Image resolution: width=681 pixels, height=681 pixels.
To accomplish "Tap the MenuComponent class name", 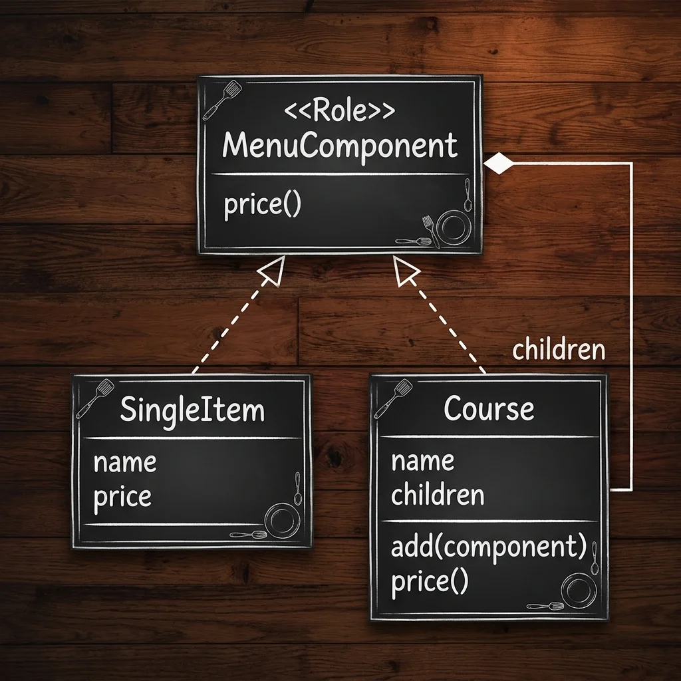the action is point(340,146).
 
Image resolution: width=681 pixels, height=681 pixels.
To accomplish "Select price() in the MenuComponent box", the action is point(262,205).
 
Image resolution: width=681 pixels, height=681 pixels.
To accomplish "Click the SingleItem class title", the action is point(192,410).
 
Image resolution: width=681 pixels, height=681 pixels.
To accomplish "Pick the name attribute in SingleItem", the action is point(124,463).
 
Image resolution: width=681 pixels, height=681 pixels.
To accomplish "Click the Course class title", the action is point(489,408).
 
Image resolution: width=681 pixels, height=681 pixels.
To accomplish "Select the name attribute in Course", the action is point(422,462).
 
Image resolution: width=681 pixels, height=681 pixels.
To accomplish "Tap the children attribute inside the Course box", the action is point(438,494).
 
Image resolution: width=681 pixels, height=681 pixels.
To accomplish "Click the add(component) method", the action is point(489,547).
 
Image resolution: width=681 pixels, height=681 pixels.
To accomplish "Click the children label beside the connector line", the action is point(559,349).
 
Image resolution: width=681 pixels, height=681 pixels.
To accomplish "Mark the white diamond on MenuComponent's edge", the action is point(499,164).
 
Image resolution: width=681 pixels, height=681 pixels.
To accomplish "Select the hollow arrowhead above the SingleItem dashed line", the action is point(273,270).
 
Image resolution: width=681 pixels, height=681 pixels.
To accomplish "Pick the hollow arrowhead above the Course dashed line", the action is point(406,270).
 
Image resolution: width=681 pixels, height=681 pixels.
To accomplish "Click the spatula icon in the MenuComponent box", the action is point(221,100).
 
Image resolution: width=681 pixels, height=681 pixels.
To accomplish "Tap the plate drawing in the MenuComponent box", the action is point(454,226).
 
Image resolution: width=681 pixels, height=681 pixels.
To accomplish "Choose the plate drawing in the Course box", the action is point(579,591).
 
